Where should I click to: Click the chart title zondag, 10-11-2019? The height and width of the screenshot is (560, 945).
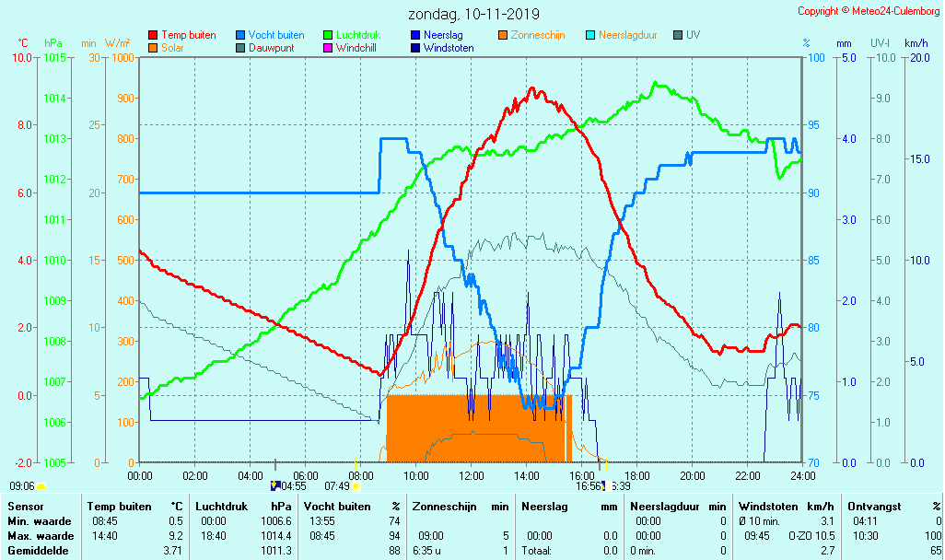473,15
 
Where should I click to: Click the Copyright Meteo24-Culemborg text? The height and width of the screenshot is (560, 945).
869,11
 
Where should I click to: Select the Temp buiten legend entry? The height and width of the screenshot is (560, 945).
188,35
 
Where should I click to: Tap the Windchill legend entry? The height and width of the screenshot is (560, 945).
361,48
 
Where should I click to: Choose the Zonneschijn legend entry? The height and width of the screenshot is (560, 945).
537,35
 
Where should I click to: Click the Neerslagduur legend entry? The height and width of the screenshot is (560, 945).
627,35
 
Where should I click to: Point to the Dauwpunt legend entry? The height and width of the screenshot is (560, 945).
271,48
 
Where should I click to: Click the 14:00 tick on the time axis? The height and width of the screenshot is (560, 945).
526,475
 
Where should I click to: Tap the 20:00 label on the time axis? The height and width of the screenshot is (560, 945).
692,475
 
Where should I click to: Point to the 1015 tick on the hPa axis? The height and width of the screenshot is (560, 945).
54,58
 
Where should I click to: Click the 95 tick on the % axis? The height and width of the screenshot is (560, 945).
813,125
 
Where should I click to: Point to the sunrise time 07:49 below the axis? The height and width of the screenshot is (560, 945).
336,486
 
